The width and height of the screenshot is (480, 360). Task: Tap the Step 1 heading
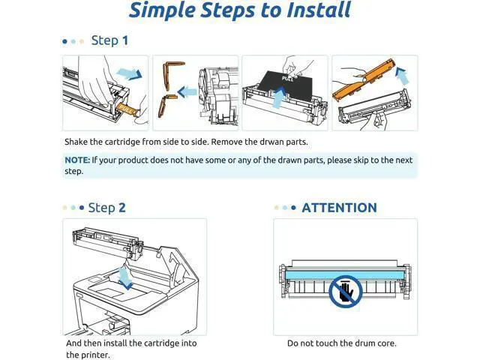(x=109, y=40)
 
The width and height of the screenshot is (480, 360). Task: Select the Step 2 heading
(x=106, y=208)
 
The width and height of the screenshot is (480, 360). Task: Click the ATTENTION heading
(x=339, y=208)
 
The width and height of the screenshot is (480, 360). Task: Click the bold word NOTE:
(x=77, y=160)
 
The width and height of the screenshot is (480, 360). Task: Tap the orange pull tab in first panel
(x=127, y=109)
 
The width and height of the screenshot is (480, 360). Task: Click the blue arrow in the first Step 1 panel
(x=129, y=73)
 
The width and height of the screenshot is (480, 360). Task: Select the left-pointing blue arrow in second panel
(x=187, y=91)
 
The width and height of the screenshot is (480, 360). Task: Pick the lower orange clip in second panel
(x=165, y=106)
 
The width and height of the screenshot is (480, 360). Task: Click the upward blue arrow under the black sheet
(x=278, y=97)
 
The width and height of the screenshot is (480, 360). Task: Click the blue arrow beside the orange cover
(x=402, y=76)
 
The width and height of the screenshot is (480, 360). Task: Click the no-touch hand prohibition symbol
(x=346, y=291)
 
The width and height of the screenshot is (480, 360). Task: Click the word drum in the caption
(x=358, y=343)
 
